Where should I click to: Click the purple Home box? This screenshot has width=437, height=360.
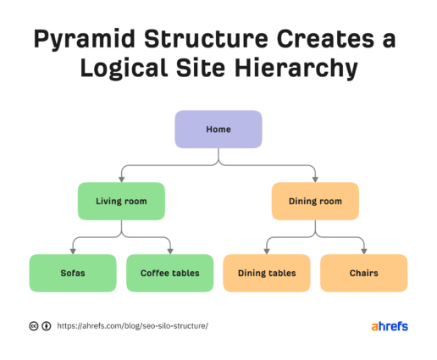tap(218, 130)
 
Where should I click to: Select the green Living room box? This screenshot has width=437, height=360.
tap(121, 202)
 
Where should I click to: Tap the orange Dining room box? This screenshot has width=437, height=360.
tap(315, 202)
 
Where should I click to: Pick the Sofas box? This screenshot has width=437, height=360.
tap(72, 273)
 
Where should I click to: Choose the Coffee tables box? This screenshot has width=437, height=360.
tap(169, 273)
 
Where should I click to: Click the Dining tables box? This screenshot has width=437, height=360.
tap(266, 273)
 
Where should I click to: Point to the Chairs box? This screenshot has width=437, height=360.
tap(363, 273)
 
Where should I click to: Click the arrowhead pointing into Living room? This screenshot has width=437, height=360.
tap(121, 179)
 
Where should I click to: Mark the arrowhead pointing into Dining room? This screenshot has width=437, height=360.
tap(315, 179)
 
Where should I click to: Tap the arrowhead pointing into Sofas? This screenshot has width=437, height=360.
tap(72, 251)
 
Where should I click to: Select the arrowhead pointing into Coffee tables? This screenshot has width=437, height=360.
tap(169, 251)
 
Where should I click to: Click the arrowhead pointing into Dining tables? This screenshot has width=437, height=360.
tap(266, 251)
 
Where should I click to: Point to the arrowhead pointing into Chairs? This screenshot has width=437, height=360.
tap(363, 251)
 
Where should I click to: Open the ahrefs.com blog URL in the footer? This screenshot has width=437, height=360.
tap(132, 325)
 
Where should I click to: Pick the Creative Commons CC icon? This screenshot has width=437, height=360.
tap(33, 325)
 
